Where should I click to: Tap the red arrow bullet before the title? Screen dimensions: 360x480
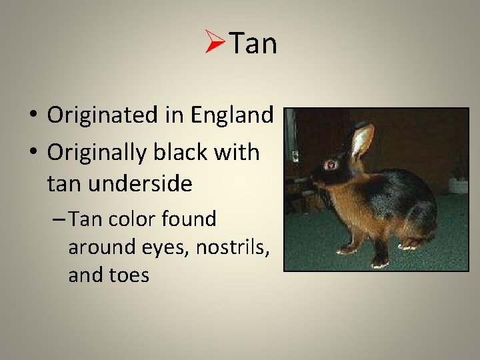point(216,44)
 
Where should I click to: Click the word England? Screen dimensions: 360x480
point(232,115)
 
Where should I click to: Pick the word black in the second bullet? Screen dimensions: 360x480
point(187,152)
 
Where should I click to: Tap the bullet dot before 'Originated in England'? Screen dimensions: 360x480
point(33,116)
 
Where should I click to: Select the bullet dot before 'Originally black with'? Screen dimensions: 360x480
point(33,153)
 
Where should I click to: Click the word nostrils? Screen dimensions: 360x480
point(234,247)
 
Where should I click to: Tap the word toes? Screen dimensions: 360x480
point(131,275)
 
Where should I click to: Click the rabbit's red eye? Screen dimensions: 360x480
point(329,164)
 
